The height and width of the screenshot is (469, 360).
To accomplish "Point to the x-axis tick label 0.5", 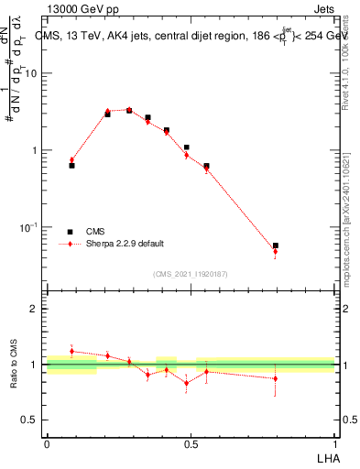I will (191, 442).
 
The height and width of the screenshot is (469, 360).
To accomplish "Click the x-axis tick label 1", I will (335, 442).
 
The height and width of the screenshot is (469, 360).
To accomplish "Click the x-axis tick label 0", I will (47, 442).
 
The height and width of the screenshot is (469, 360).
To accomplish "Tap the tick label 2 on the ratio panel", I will (37, 309).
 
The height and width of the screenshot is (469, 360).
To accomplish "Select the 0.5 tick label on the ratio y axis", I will (32, 420).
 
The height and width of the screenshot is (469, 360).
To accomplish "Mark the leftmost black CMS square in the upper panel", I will (71, 166).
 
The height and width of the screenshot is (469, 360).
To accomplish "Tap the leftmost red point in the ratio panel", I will (71, 351).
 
